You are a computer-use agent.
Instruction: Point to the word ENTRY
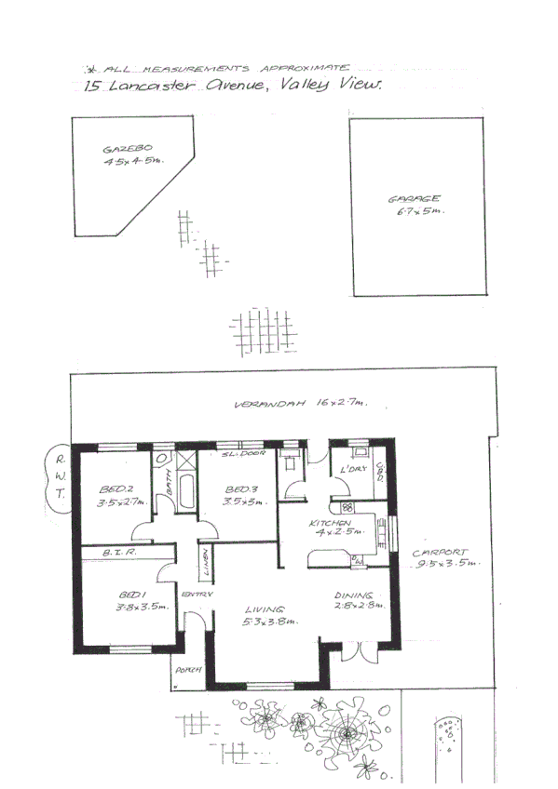197,594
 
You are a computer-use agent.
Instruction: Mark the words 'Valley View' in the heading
334,85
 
